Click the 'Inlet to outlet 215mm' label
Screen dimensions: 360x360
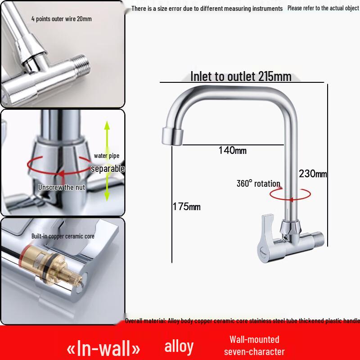click(x=241, y=76)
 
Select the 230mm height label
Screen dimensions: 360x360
click(x=313, y=174)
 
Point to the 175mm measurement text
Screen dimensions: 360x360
click(x=186, y=207)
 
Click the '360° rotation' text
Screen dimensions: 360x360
click(x=258, y=184)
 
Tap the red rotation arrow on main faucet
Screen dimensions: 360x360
click(x=290, y=194)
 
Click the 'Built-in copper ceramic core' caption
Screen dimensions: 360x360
click(x=63, y=236)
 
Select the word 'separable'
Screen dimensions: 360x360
click(x=108, y=169)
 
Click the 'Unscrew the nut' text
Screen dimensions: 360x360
click(x=62, y=187)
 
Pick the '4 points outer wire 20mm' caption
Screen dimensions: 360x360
click(x=61, y=19)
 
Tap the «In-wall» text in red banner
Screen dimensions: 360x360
click(x=103, y=348)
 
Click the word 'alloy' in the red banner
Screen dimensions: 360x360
click(x=179, y=346)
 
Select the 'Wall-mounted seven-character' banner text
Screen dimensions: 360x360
click(x=254, y=345)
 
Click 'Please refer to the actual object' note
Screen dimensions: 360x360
click(x=323, y=8)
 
